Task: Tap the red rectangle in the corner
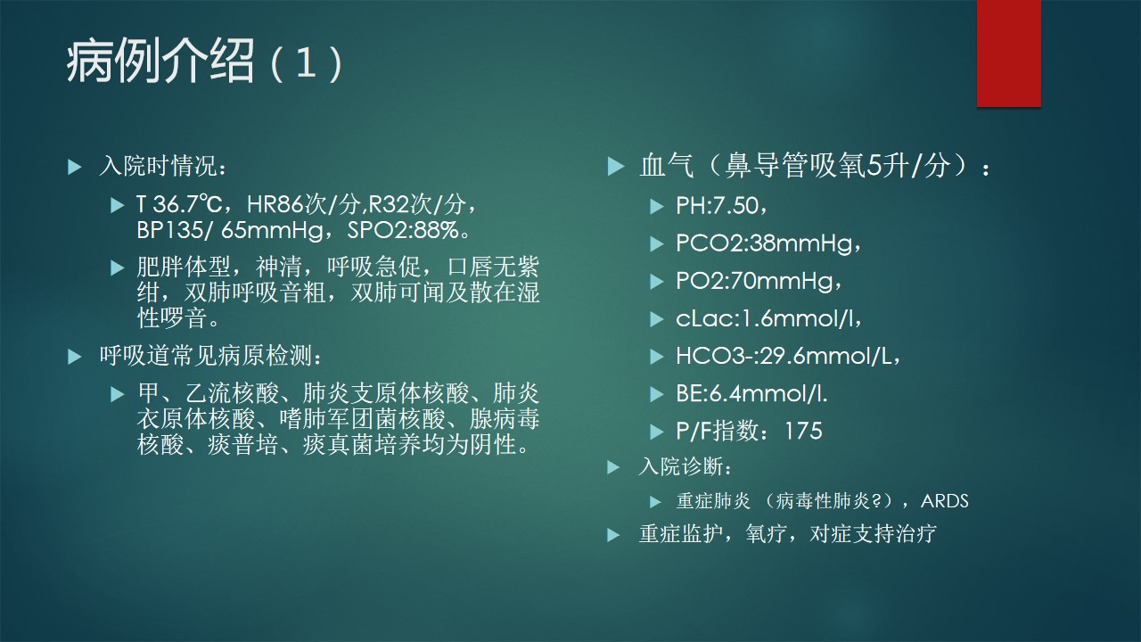pyautogui.click(x=1008, y=53)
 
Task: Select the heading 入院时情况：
pyautogui.click(x=163, y=166)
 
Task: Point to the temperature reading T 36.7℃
pyautogui.click(x=179, y=204)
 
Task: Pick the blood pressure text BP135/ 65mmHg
pyautogui.click(x=230, y=230)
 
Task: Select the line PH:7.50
pyautogui.click(x=721, y=206)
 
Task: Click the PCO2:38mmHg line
pyautogui.click(x=768, y=243)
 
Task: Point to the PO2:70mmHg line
pyautogui.click(x=759, y=281)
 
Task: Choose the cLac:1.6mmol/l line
pyautogui.click(x=768, y=318)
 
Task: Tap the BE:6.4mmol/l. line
pyautogui.click(x=751, y=393)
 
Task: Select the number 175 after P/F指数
pyautogui.click(x=803, y=431)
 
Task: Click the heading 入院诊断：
pyautogui.click(x=685, y=466)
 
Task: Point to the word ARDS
pyautogui.click(x=944, y=501)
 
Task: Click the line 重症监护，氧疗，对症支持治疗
pyautogui.click(x=787, y=534)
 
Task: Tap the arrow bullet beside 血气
pyautogui.click(x=616, y=167)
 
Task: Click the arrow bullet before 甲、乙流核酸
pyautogui.click(x=118, y=394)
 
